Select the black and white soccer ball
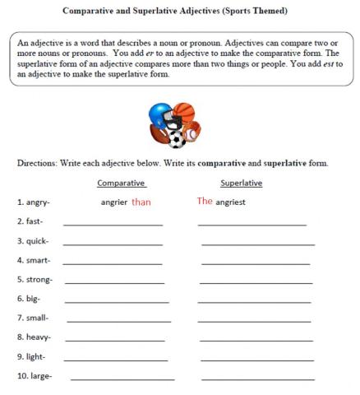click(x=174, y=137)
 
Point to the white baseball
click(x=192, y=132)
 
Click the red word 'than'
click(x=141, y=202)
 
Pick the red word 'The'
click(x=205, y=201)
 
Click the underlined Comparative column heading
click(x=121, y=183)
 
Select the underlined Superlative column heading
click(x=241, y=183)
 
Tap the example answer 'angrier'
click(x=113, y=202)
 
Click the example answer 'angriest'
click(x=230, y=202)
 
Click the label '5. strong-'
click(x=34, y=280)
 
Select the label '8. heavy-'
click(x=34, y=337)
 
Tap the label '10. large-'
click(x=35, y=376)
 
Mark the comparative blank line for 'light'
click(x=116, y=360)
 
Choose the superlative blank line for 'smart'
click(x=255, y=263)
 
